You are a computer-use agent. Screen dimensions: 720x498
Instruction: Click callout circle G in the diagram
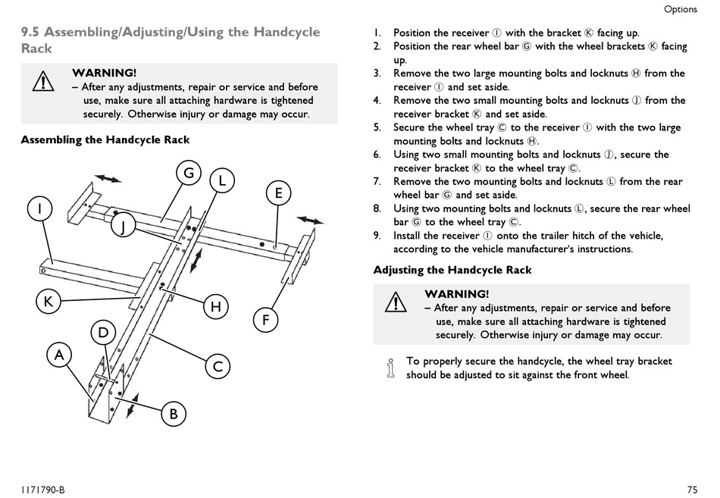(x=189, y=172)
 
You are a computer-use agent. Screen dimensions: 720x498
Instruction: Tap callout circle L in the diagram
(x=222, y=180)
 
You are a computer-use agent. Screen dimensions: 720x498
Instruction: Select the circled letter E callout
(x=278, y=193)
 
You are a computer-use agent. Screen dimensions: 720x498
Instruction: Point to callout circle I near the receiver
(x=40, y=208)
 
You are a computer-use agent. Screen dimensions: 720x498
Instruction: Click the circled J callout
(x=123, y=226)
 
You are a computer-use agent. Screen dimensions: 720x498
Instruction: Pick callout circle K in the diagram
(x=49, y=302)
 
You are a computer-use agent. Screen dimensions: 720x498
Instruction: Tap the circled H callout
(x=216, y=306)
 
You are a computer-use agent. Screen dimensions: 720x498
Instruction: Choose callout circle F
(x=265, y=319)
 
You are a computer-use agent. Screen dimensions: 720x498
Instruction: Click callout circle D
(x=103, y=332)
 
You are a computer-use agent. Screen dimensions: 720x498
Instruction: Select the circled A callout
(x=59, y=355)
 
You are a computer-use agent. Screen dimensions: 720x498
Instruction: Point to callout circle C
(x=218, y=367)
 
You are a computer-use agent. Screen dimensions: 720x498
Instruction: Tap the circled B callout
(x=174, y=414)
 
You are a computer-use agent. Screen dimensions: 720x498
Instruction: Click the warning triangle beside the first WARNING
(x=43, y=81)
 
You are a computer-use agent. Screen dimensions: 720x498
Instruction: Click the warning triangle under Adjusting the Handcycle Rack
(x=396, y=302)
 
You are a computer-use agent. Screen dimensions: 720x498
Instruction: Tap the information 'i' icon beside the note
(x=391, y=368)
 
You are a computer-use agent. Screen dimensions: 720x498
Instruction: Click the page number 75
(x=693, y=490)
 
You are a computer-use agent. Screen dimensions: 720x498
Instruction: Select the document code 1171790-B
(x=42, y=490)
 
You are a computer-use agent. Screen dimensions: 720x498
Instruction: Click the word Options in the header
(x=681, y=9)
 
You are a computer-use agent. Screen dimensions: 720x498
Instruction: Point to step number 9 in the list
(x=377, y=236)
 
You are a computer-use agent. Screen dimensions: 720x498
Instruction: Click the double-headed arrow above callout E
(x=310, y=220)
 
